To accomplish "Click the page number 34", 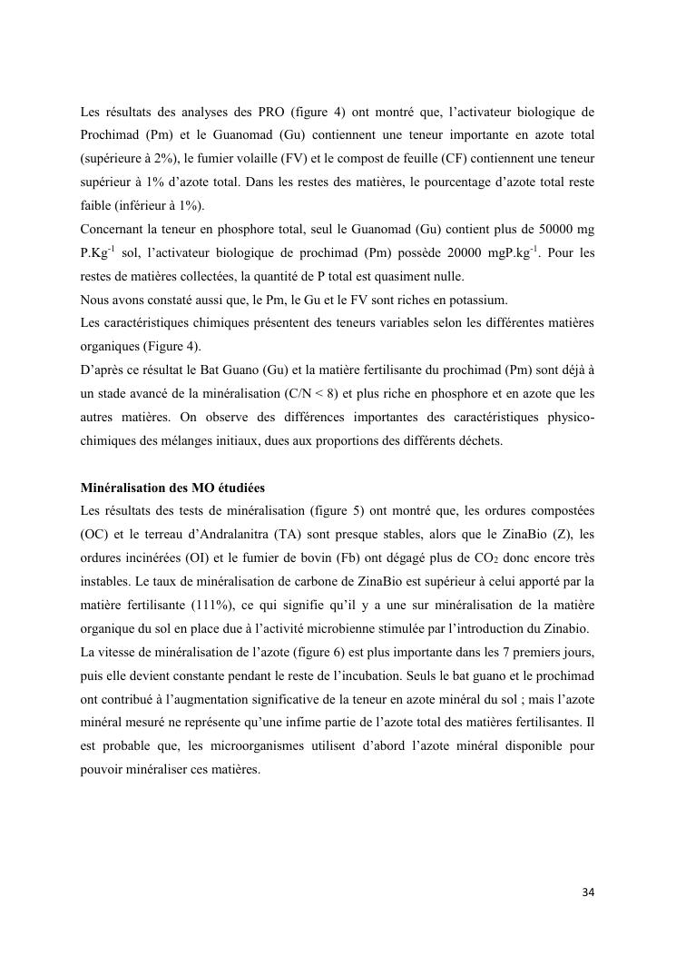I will [x=587, y=892].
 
